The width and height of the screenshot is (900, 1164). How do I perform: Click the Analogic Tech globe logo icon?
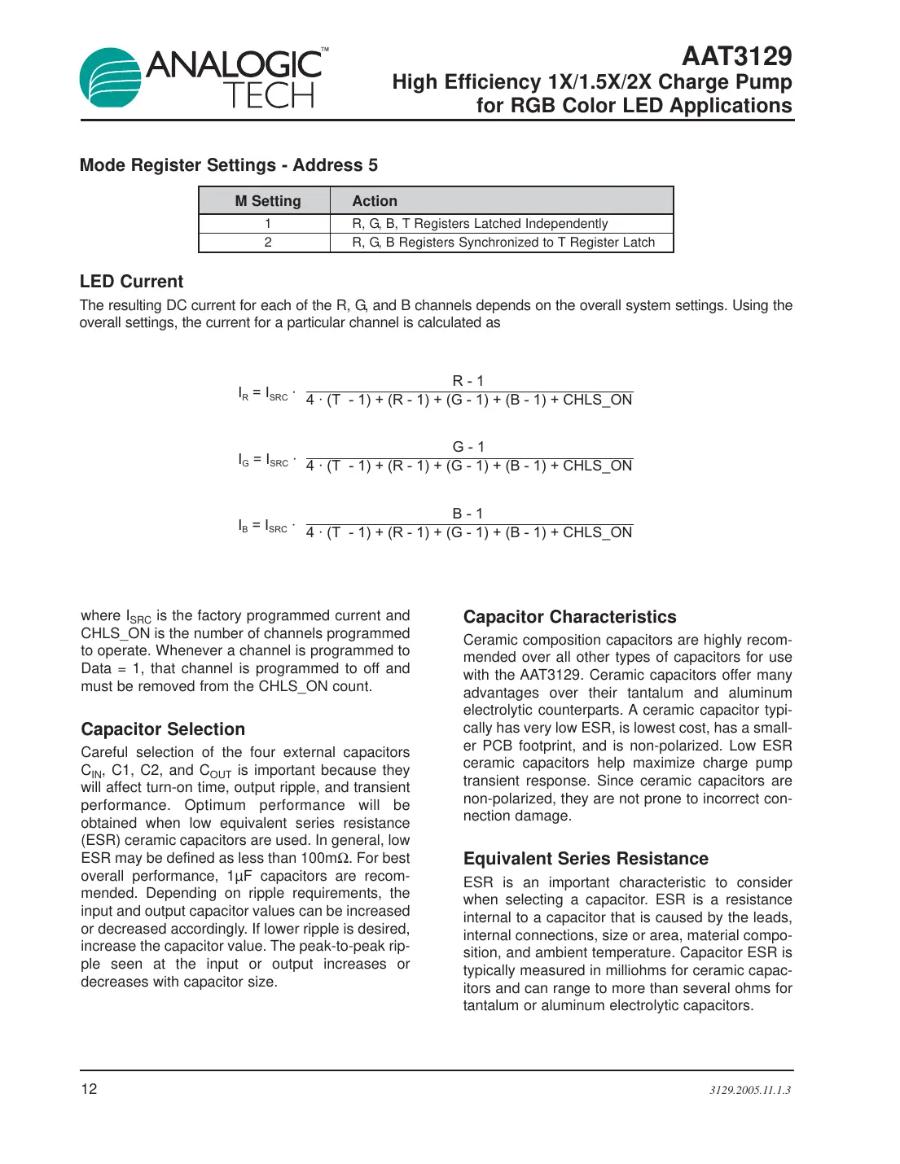pos(111,78)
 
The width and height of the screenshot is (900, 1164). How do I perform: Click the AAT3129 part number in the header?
pos(736,56)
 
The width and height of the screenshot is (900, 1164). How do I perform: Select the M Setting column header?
pos(267,201)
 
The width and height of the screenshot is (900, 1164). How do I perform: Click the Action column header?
pos(374,201)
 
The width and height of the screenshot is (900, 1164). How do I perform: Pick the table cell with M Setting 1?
pos(267,224)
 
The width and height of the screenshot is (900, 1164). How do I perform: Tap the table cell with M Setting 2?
pos(267,243)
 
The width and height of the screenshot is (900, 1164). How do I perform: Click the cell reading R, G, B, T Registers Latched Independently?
pos(480,224)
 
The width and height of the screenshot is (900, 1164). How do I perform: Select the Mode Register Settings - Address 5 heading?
pos(229,165)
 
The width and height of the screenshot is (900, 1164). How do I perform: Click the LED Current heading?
pos(131,282)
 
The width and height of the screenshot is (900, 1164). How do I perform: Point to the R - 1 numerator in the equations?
pos(468,381)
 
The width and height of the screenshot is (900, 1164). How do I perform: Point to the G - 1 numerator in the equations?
pos(468,447)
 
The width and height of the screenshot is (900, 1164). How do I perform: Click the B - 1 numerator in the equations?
pos(468,514)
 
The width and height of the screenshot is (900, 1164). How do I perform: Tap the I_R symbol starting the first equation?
pos(244,394)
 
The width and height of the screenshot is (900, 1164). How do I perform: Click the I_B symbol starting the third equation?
pos(244,527)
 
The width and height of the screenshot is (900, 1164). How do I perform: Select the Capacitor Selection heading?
pos(163,729)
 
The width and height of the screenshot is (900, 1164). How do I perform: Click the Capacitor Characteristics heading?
pos(569,617)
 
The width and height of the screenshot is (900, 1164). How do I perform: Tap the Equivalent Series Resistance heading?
pos(586,859)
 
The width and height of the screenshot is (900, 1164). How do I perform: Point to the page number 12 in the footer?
pos(89,1089)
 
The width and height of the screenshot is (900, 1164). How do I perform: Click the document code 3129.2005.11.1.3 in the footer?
pos(749,1090)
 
